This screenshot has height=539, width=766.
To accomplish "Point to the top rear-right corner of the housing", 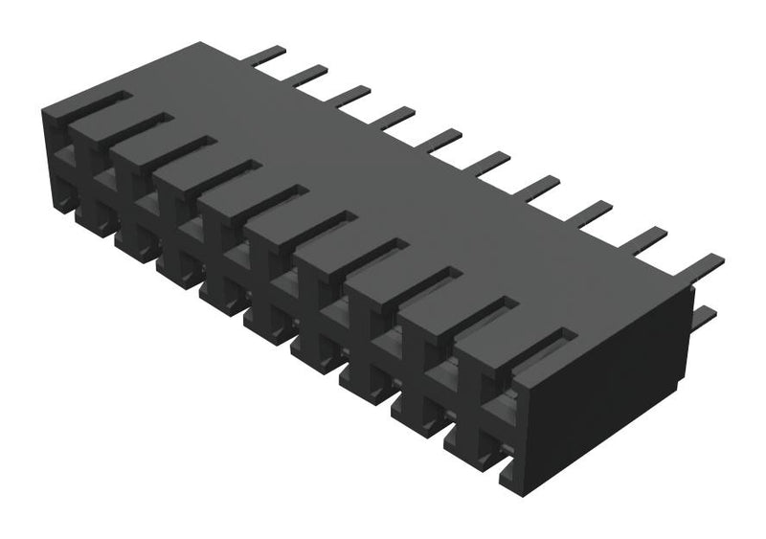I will [x=691, y=289].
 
